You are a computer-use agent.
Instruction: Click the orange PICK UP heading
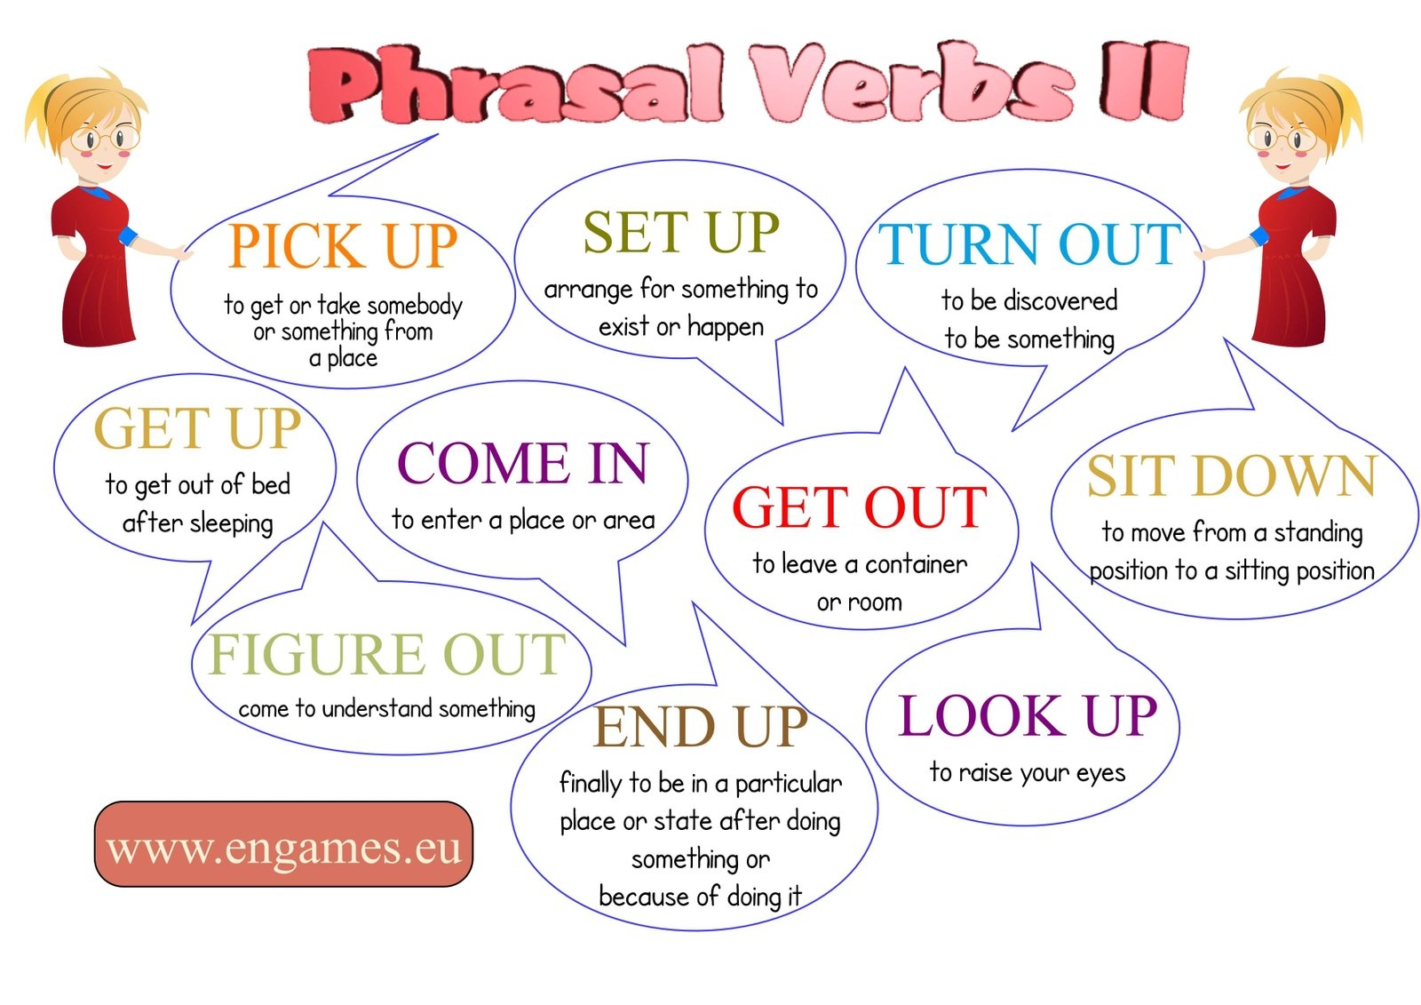(342, 246)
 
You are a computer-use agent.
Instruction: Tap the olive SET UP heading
(681, 233)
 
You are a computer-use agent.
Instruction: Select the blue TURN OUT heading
(1029, 244)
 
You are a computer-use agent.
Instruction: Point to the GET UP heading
(197, 429)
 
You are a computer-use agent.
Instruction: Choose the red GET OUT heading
(859, 507)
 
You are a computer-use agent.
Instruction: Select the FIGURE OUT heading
(386, 655)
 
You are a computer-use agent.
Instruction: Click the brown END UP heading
(700, 727)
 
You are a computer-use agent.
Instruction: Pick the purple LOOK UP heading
(1028, 716)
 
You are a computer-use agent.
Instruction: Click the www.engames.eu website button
(283, 845)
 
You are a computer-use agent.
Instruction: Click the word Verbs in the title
(910, 84)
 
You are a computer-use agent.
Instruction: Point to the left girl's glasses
(105, 139)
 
